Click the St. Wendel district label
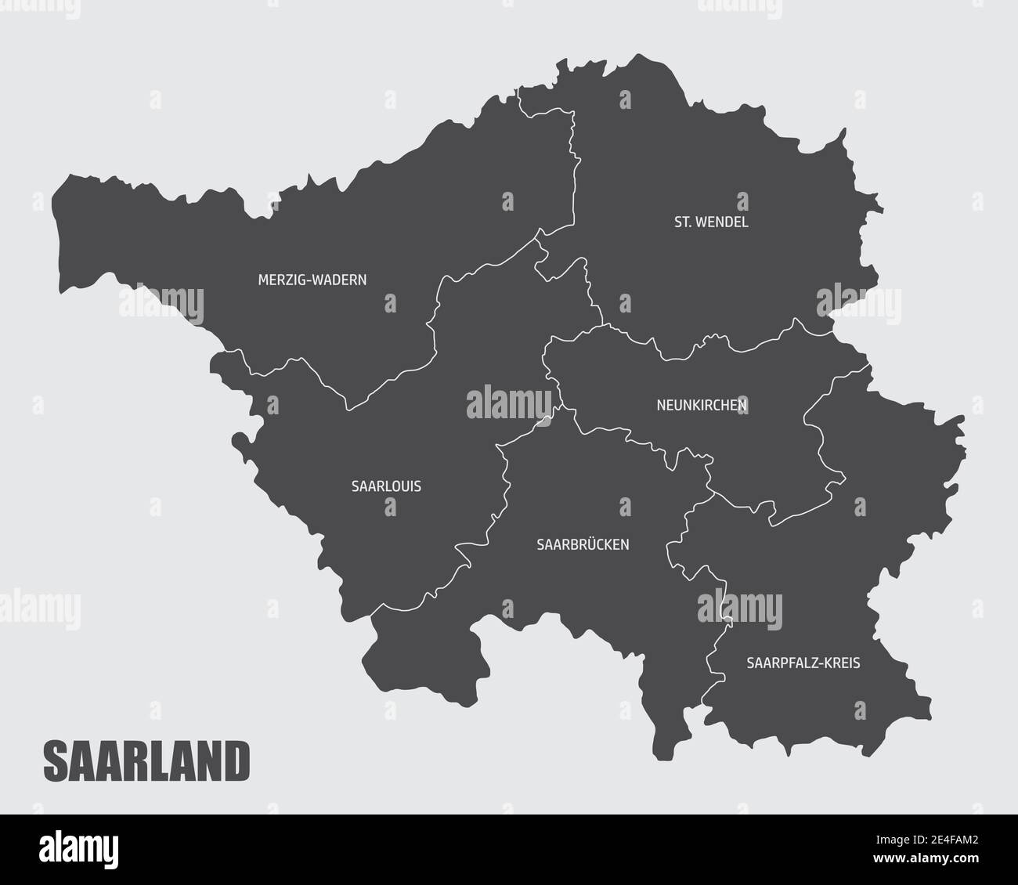[x=711, y=222]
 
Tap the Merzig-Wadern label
[x=312, y=279]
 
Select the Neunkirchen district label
[x=702, y=405]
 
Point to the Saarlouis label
[x=386, y=486]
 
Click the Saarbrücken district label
[x=583, y=544]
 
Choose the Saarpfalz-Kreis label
[x=803, y=663]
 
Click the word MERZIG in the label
[x=278, y=279]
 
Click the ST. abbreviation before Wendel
[x=683, y=222]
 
